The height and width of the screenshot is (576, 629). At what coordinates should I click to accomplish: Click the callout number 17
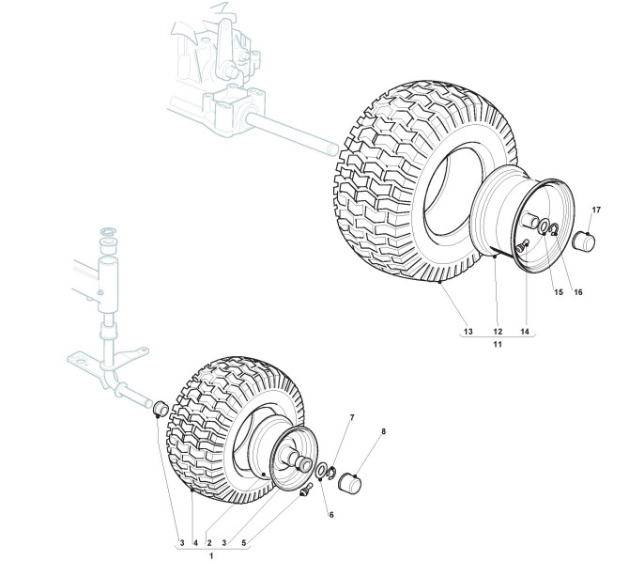pos(596,209)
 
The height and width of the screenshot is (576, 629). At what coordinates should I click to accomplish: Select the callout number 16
pos(578,291)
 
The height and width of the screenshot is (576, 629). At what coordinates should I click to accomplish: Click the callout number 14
pos(525,332)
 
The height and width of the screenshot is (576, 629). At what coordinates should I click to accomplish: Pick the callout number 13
pos(467,332)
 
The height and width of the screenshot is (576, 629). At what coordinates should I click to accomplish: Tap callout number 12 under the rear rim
pos(498,332)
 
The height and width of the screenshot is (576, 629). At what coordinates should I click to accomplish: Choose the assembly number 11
pos(498,346)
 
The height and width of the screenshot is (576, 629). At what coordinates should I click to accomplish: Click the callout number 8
pos(383,432)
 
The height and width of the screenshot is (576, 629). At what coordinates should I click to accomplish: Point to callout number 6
pos(330,514)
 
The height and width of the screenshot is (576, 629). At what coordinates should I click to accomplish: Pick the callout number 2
pos(208,542)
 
